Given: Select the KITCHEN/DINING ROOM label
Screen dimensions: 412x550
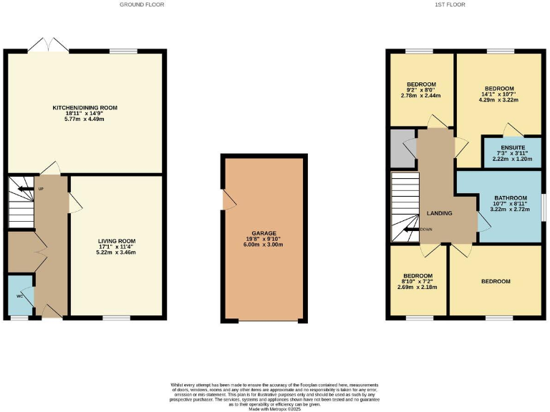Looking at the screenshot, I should (x=85, y=107).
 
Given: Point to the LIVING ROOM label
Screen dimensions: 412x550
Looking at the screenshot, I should (x=117, y=241).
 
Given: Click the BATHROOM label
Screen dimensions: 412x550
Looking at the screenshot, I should (x=511, y=198).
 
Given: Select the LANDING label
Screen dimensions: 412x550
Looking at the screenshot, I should (x=439, y=212).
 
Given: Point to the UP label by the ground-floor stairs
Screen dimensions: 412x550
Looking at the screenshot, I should (x=41, y=190).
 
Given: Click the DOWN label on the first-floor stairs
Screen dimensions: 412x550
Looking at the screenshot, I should (x=426, y=230).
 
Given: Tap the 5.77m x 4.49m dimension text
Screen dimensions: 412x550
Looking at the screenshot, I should (x=85, y=119).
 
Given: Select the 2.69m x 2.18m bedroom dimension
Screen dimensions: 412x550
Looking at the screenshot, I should (x=418, y=287).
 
